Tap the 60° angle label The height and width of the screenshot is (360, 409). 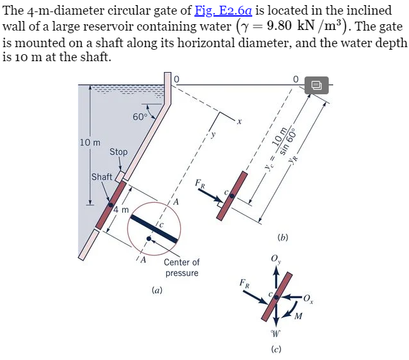click(x=140, y=117)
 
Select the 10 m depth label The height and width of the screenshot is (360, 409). click(x=90, y=141)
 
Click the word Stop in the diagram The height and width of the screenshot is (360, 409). click(x=118, y=152)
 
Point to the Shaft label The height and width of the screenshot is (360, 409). click(x=101, y=176)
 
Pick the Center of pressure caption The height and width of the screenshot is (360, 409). click(x=182, y=268)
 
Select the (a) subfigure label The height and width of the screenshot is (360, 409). click(x=157, y=290)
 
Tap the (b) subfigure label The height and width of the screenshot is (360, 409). click(x=283, y=237)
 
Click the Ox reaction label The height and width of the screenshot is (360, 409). click(x=308, y=298)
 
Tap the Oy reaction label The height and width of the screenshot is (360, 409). click(x=275, y=259)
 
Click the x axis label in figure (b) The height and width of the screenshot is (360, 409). click(x=239, y=120)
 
